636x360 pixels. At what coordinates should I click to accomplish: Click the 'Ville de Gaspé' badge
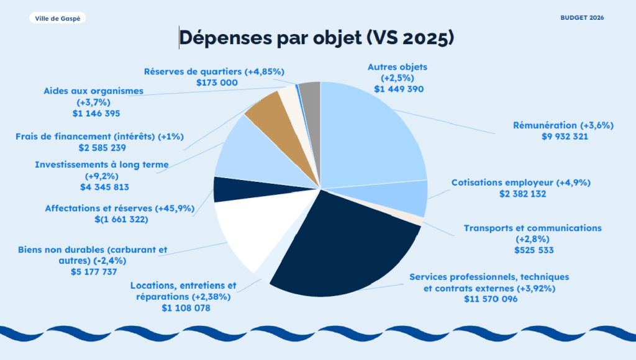point(57,18)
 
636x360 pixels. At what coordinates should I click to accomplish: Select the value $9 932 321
point(565,137)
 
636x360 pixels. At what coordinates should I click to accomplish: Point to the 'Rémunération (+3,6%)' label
point(563,125)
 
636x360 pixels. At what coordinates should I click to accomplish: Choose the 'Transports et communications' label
point(532,228)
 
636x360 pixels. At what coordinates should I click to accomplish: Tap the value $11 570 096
point(490,299)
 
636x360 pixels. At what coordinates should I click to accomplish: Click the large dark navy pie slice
point(342,248)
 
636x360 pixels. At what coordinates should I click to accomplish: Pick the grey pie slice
point(310,93)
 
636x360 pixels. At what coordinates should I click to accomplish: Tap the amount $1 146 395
point(96,114)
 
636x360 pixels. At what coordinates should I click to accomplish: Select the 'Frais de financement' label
point(100,136)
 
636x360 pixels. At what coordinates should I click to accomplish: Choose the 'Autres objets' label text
point(397,66)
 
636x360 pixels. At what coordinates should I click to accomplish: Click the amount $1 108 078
point(186,308)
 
